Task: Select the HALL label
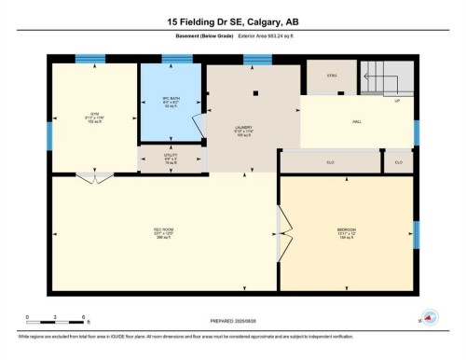tap(356, 121)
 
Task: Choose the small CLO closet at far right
tap(398, 162)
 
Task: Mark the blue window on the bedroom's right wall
tap(417, 233)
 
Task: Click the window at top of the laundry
tap(256, 60)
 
